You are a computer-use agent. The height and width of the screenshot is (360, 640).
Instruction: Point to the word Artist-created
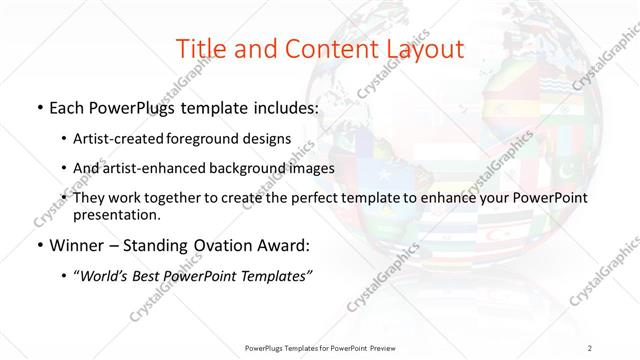(x=120, y=139)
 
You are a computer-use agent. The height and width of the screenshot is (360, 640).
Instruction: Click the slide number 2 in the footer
(x=591, y=347)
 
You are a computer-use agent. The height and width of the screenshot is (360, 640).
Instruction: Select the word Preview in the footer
(x=391, y=347)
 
